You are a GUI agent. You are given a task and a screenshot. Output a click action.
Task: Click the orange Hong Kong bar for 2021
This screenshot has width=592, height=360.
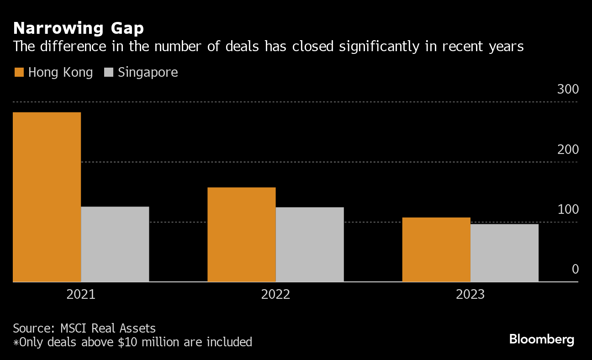point(47,197)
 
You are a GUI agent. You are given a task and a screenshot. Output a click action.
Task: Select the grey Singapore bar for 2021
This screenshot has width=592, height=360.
point(115,244)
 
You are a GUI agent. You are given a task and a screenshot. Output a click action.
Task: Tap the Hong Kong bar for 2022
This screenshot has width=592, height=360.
point(242,234)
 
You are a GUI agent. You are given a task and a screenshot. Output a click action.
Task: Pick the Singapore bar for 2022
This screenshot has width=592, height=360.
point(310,244)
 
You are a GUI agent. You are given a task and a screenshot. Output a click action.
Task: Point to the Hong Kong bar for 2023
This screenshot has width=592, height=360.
point(436,249)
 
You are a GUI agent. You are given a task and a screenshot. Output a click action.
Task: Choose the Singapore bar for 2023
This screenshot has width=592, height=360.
point(504,253)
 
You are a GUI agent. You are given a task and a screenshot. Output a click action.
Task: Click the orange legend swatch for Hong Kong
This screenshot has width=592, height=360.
point(19,72)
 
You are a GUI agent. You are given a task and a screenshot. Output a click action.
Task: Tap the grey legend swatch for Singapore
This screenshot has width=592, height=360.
point(109,72)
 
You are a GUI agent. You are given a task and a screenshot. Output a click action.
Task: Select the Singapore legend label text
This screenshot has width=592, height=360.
point(148,72)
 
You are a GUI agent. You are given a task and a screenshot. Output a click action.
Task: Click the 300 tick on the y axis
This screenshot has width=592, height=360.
point(568,90)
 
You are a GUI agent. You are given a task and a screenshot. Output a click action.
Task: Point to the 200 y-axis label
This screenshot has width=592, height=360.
point(568,150)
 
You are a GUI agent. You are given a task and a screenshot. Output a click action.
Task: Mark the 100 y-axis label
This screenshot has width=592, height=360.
point(568,210)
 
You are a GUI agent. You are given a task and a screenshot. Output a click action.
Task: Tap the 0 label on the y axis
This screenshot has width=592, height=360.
point(575,270)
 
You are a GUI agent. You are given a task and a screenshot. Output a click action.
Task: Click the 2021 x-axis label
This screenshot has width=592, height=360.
point(81,294)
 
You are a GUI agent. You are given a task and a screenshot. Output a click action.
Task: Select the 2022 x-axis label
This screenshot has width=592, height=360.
point(275,294)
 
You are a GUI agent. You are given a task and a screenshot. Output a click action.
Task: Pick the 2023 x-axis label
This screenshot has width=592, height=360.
point(470,294)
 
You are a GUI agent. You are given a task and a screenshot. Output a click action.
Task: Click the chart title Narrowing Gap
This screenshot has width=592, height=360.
point(79,28)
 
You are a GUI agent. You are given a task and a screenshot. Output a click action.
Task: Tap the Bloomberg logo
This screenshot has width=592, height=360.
point(542,339)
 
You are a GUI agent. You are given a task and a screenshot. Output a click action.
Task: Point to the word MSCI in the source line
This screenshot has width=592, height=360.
point(74,328)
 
